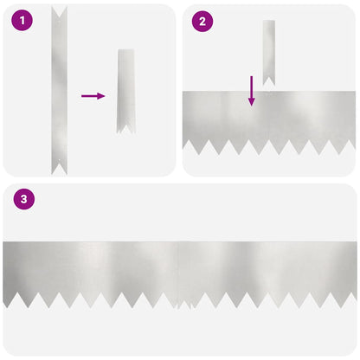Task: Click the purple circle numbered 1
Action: (x=22, y=20)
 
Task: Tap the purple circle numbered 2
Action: (x=202, y=21)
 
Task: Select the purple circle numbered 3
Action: (x=24, y=199)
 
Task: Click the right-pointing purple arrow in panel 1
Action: (x=93, y=96)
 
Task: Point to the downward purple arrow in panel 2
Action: (x=252, y=91)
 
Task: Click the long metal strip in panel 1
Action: (x=59, y=91)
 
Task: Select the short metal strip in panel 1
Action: (x=125, y=91)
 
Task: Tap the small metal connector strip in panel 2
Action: (x=269, y=53)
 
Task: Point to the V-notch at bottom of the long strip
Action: (x=60, y=170)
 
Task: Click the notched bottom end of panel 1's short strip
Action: (x=125, y=129)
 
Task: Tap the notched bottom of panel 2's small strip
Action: (x=269, y=81)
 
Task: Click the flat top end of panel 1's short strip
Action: (x=126, y=50)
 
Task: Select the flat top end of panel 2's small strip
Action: (x=269, y=21)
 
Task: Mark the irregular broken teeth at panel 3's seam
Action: (x=184, y=305)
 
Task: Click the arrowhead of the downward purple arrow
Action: (x=252, y=101)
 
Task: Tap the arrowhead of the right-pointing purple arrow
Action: (x=101, y=96)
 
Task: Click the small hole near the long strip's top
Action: (x=60, y=21)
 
